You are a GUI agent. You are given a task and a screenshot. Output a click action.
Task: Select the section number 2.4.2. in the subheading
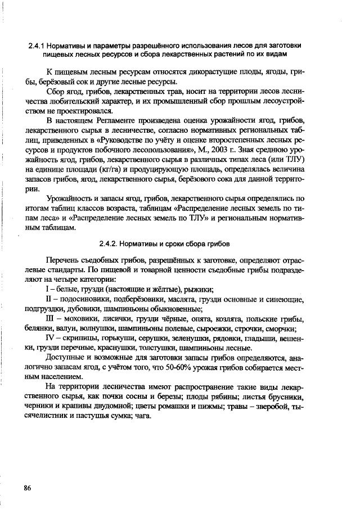tap(109, 244)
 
